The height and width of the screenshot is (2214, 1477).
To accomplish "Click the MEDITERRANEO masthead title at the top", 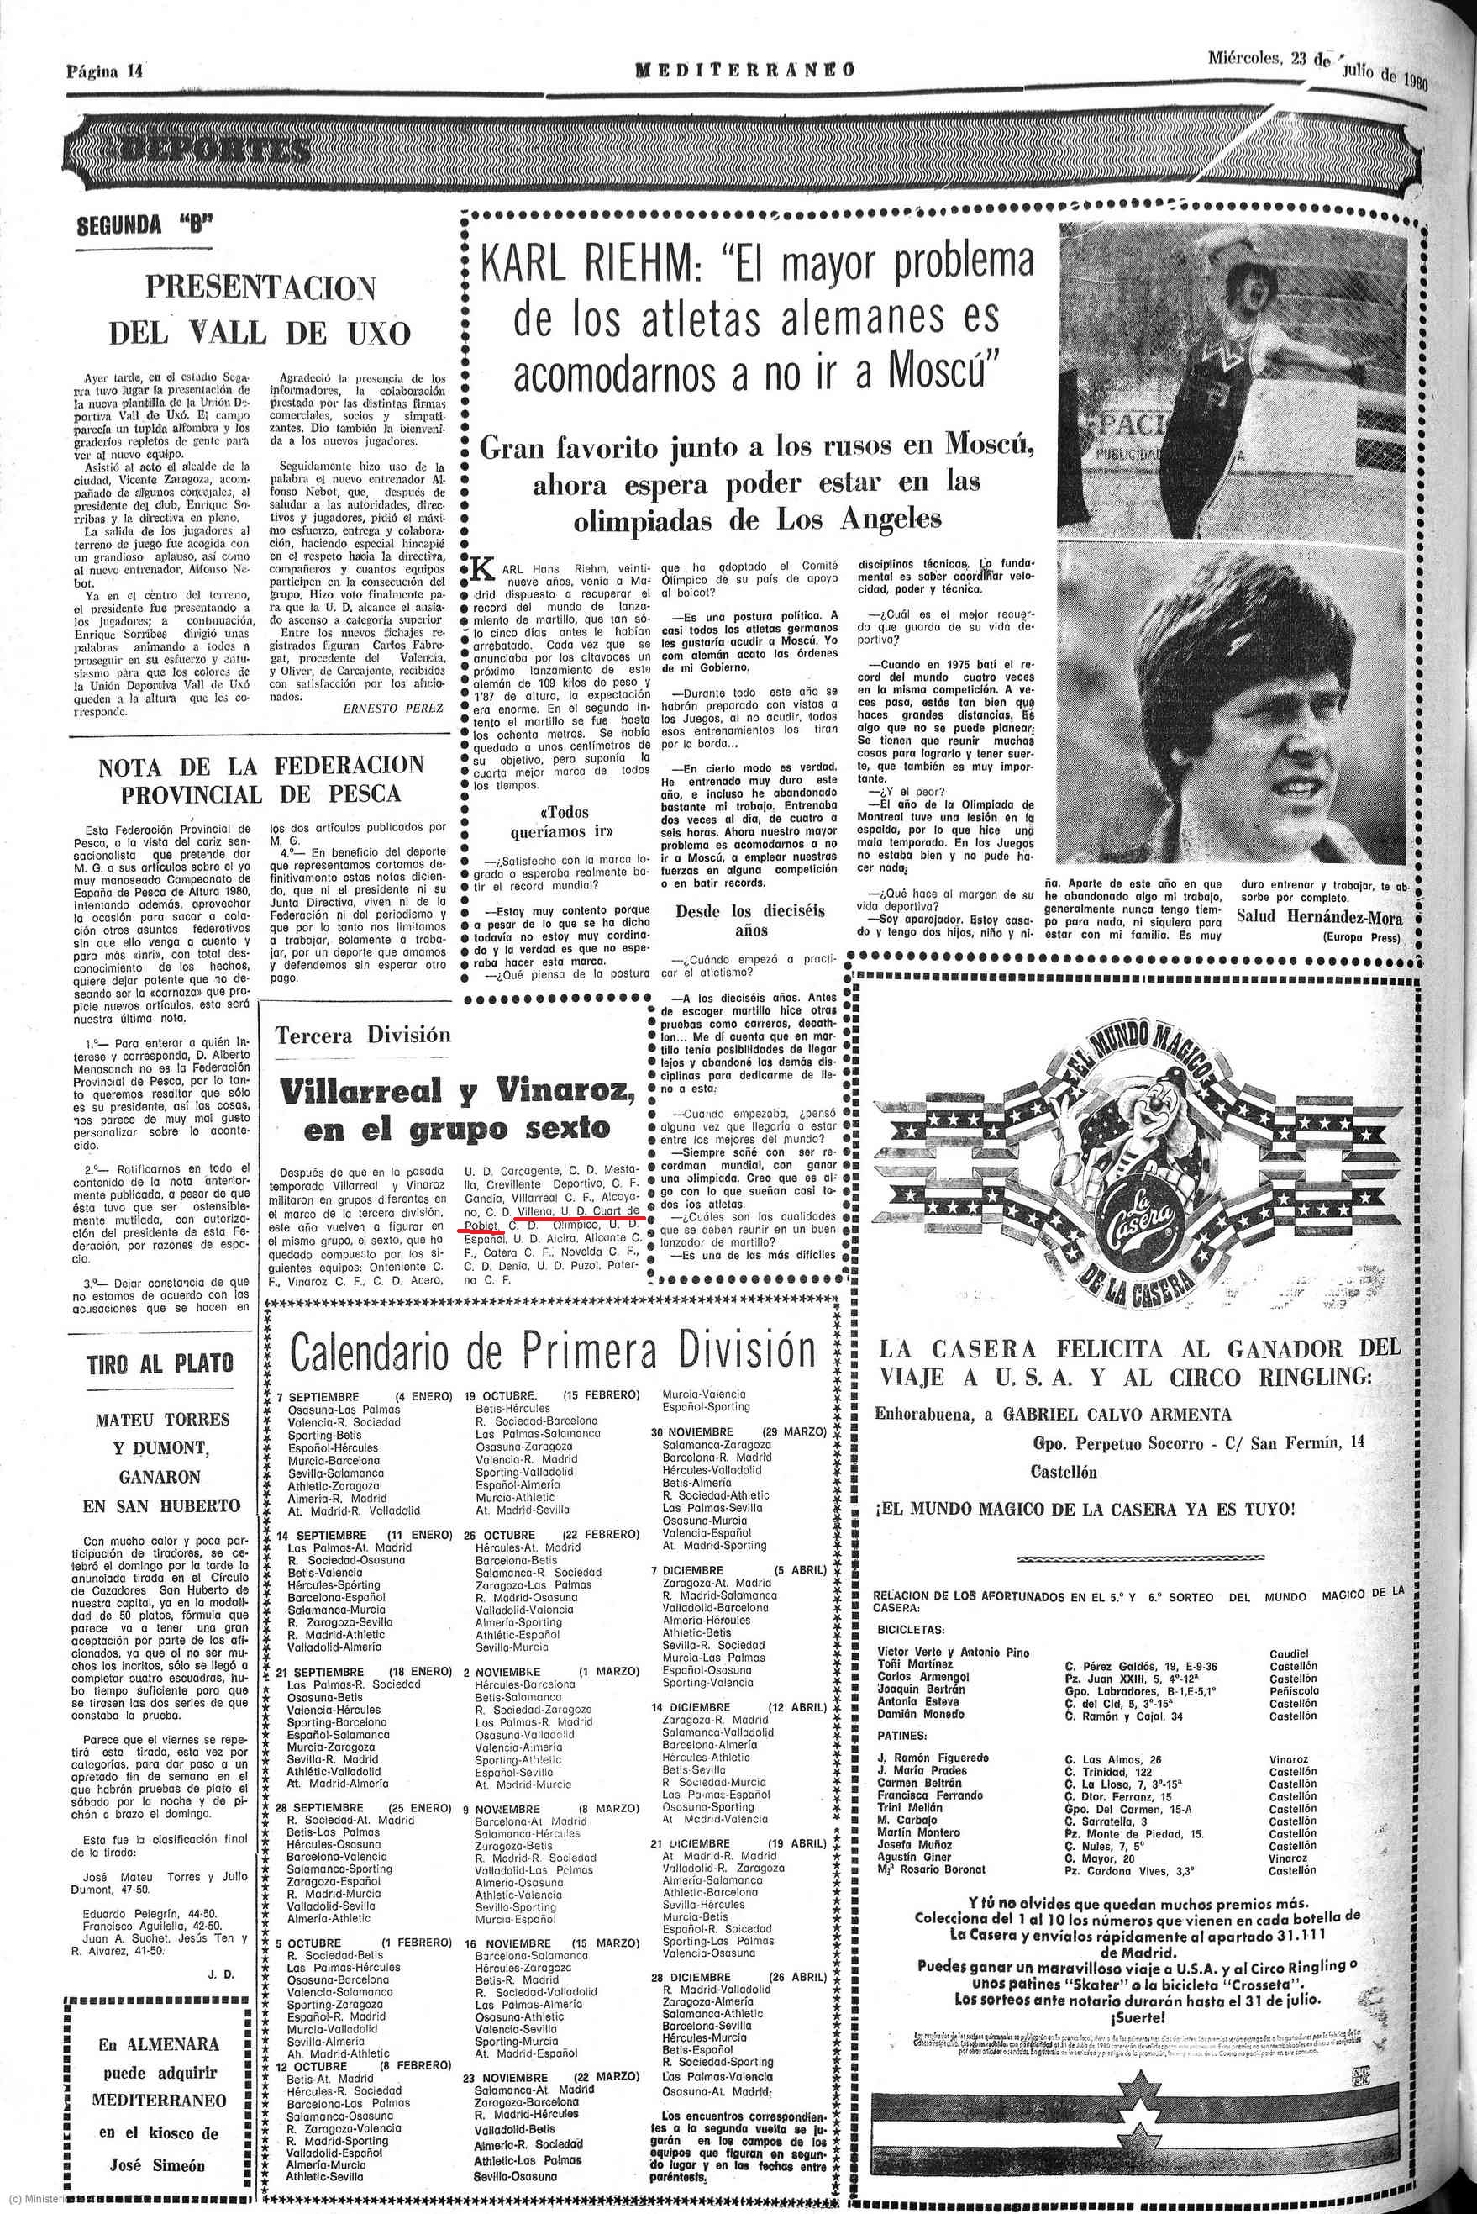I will pos(744,70).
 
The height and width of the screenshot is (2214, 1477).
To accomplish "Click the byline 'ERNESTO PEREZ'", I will pos(393,708).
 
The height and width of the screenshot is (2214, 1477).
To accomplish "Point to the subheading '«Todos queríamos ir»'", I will pos(563,821).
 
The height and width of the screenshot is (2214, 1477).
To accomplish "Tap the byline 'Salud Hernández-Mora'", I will pos(1319,919).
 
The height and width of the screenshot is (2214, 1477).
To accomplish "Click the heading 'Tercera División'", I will pos(363,1036).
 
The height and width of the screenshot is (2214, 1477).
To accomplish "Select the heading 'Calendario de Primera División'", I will pos(552,1350).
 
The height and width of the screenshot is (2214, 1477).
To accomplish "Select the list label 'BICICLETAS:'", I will pos(911,1628).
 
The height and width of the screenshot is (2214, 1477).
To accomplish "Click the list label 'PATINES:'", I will pos(902,1736).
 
